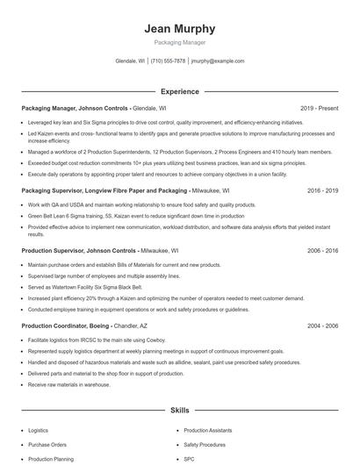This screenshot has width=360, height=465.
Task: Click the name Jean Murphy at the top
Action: click(x=179, y=29)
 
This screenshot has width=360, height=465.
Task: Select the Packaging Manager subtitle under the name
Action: click(x=179, y=42)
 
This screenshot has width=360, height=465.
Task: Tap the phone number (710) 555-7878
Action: click(x=168, y=61)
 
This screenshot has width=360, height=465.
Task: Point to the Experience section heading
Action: click(x=179, y=90)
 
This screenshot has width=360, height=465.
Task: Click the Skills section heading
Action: click(x=179, y=410)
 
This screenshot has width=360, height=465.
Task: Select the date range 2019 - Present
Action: click(x=319, y=108)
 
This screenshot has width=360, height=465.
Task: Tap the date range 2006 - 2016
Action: click(x=322, y=250)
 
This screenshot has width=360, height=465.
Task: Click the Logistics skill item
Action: click(x=38, y=431)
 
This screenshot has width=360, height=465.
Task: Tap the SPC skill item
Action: click(x=189, y=459)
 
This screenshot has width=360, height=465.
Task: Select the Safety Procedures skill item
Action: click(x=204, y=445)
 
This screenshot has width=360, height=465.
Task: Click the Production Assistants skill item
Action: click(x=208, y=431)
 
